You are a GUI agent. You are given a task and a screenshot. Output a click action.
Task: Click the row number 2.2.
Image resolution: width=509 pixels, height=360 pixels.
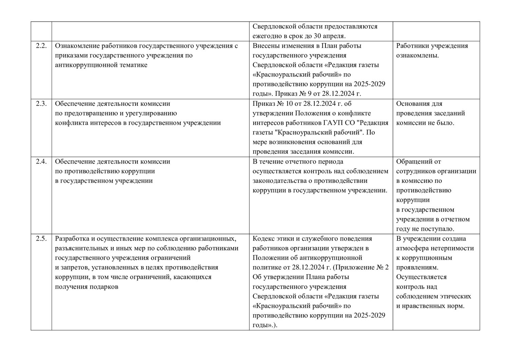[41, 46]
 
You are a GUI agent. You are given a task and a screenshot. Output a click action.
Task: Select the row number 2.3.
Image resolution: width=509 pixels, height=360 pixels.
[41, 104]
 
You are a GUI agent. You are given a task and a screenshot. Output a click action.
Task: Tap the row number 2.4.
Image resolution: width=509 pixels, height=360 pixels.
[41, 162]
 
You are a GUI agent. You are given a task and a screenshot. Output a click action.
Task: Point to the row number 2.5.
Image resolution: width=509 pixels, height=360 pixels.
[41, 239]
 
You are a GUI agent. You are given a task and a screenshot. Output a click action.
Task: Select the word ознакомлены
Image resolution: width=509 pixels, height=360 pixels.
[417, 55]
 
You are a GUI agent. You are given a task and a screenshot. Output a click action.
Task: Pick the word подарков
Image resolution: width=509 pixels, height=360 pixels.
[104, 287]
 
